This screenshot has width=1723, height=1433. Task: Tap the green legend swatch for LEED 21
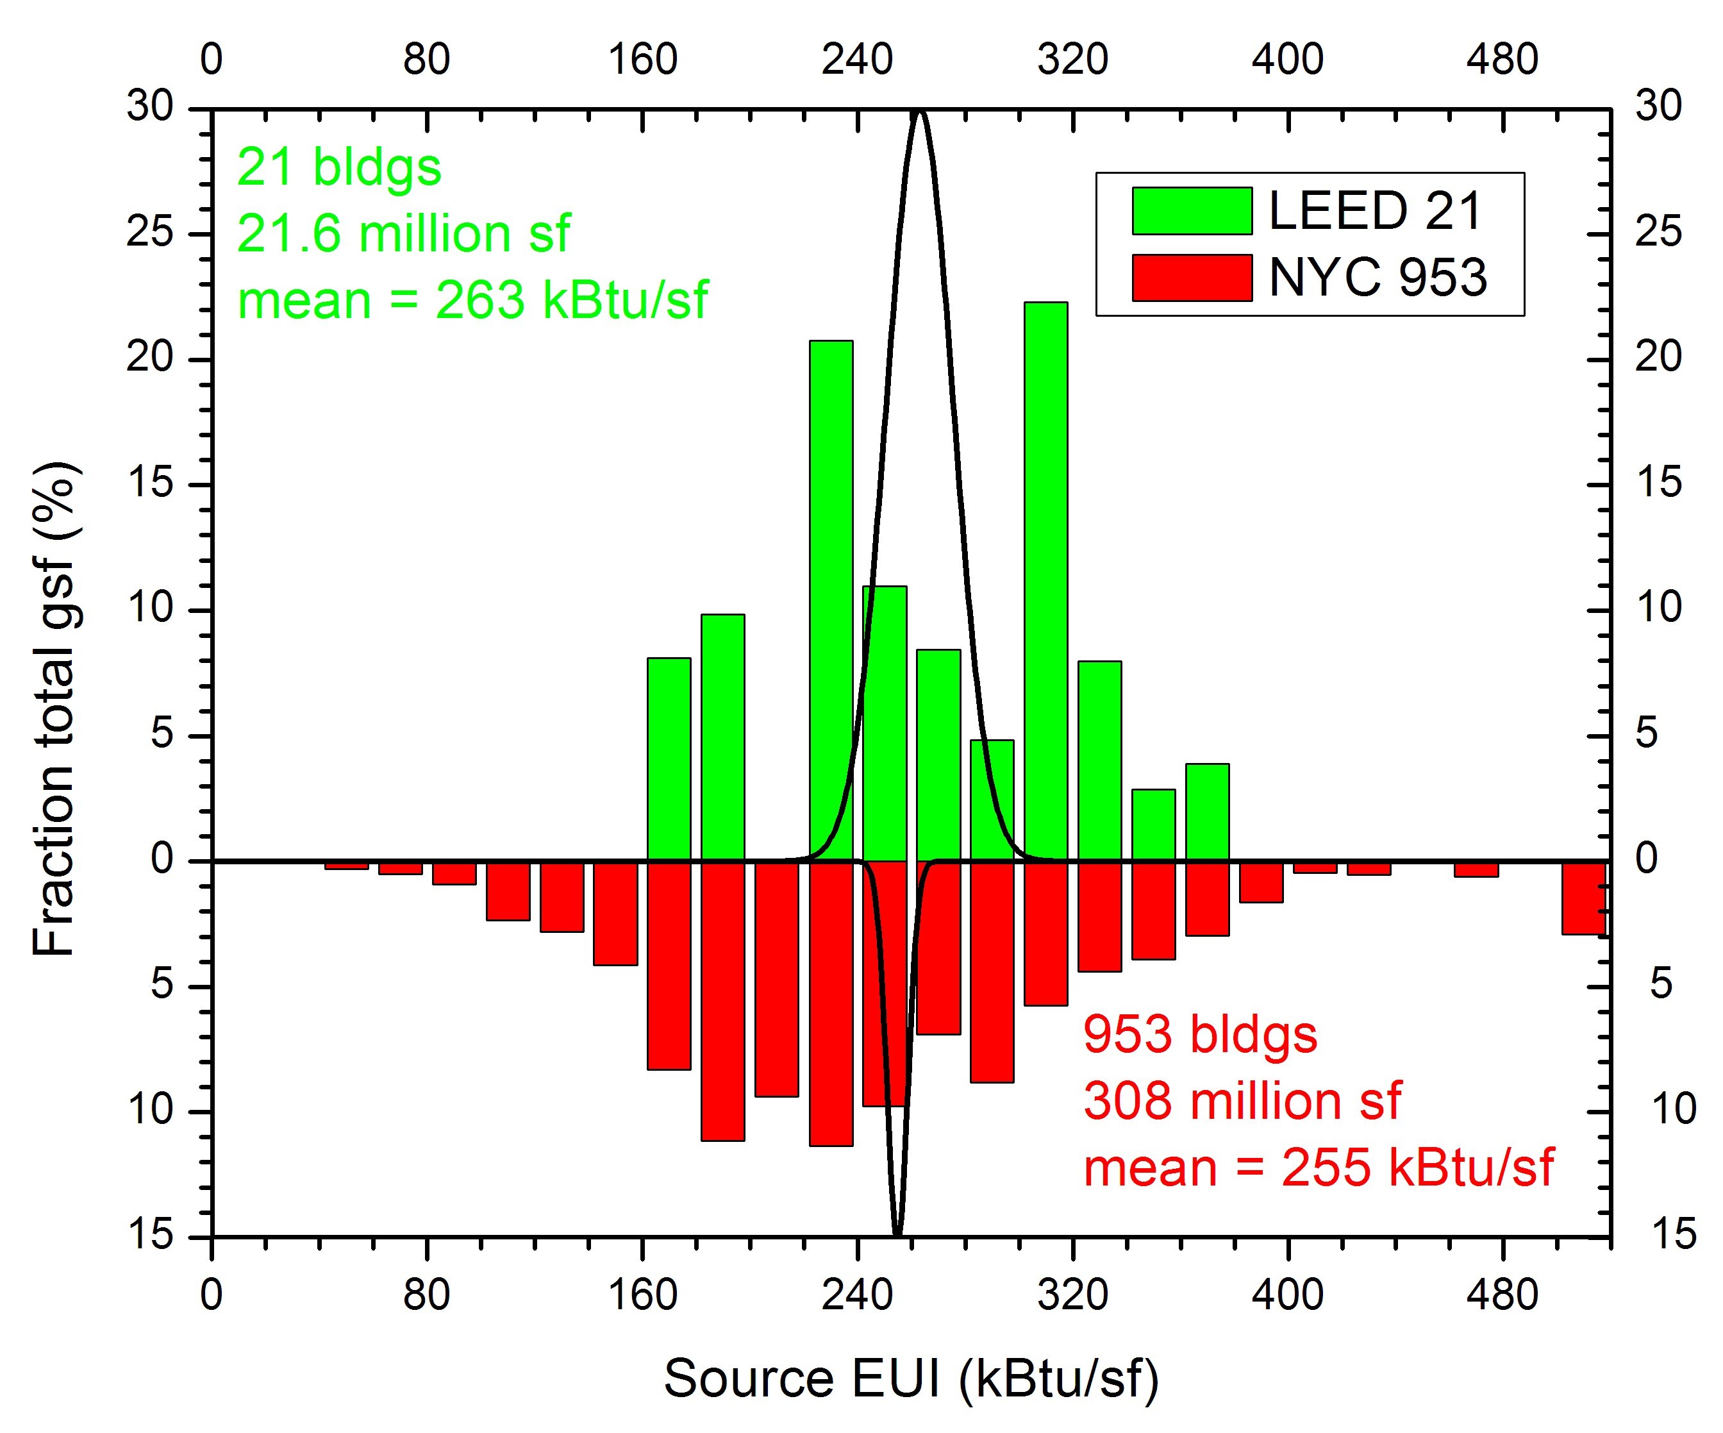[x=1192, y=211]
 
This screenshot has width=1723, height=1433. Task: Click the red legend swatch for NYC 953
[x=1192, y=278]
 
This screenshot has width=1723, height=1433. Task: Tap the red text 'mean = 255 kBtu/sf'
[x=1318, y=1166]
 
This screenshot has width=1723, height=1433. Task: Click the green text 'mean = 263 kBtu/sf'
[x=472, y=299]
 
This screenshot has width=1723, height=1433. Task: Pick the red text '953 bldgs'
[x=1199, y=1034]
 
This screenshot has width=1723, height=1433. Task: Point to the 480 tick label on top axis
[x=1502, y=60]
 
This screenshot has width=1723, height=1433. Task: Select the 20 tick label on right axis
[x=1658, y=358]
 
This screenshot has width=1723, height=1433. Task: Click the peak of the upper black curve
[x=920, y=112]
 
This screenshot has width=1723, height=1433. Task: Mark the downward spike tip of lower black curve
[x=897, y=1233]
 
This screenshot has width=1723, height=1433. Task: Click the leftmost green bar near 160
[x=669, y=759]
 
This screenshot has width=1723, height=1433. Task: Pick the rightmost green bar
[x=1207, y=812]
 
